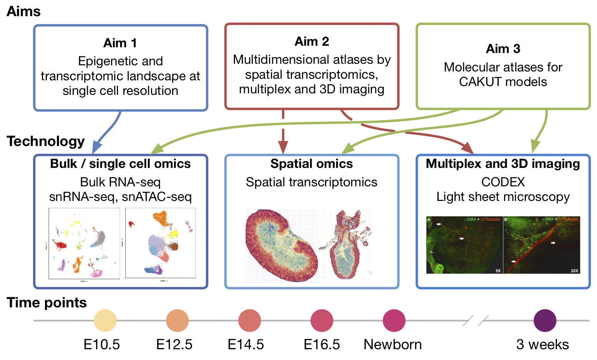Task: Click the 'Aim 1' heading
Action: (120, 43)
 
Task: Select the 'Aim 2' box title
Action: (312, 41)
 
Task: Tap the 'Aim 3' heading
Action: (503, 49)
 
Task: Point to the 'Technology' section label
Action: (46, 141)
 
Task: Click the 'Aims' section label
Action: (23, 12)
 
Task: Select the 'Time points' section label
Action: (46, 303)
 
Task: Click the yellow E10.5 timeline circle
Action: (105, 320)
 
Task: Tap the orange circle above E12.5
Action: (177, 320)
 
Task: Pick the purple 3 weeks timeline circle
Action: (545, 320)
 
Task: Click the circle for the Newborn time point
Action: (394, 320)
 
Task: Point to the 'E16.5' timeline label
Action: (322, 345)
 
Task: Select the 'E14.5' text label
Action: (246, 345)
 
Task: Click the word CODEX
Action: (503, 182)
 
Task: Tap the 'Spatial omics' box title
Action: (312, 164)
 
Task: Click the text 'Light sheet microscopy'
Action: (503, 197)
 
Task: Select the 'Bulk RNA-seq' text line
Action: (120, 182)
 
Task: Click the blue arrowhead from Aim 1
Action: (97, 148)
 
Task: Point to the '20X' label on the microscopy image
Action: (574, 271)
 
